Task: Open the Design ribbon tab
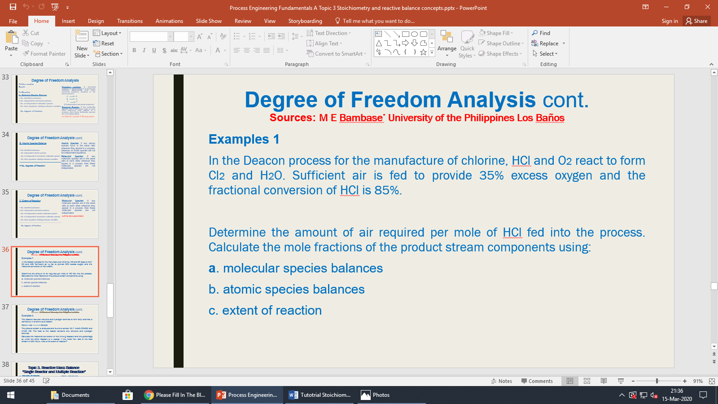tap(96, 21)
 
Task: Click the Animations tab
tap(169, 21)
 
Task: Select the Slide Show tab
tap(209, 21)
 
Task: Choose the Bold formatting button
tap(134, 50)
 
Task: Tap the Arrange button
tap(447, 43)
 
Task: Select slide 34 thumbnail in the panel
tap(55, 157)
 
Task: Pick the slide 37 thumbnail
tap(55, 329)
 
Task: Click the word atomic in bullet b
tap(242, 290)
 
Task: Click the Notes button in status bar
tap(502, 381)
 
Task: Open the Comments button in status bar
tap(537, 381)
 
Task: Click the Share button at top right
tap(696, 21)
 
